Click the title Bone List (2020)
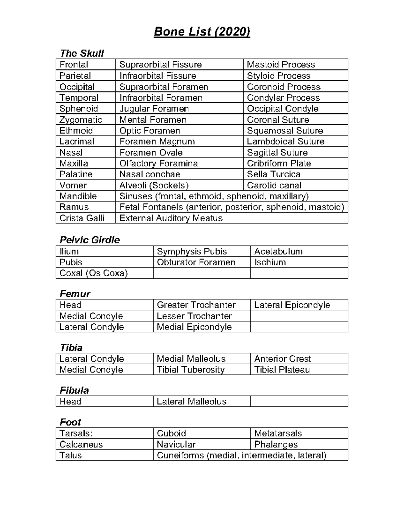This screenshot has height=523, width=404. click(x=202, y=32)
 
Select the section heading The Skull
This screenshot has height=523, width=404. click(x=81, y=53)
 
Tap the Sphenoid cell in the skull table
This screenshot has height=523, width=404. click(x=78, y=109)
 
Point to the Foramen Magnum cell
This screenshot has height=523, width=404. click(x=157, y=141)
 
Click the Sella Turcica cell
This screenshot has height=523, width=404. click(x=273, y=174)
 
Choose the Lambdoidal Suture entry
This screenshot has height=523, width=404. click(x=285, y=141)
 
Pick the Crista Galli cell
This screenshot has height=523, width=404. click(x=82, y=218)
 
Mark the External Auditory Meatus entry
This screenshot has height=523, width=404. click(x=171, y=218)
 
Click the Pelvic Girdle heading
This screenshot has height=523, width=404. click(x=90, y=240)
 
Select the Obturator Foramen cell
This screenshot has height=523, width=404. click(x=196, y=262)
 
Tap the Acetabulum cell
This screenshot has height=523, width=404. click(x=278, y=251)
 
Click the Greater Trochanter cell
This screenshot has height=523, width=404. click(x=196, y=305)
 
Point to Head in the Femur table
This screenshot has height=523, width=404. click(x=70, y=305)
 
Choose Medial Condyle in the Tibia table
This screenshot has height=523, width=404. click(x=91, y=370)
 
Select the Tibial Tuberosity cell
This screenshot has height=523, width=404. click(x=191, y=370)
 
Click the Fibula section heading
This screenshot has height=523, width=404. click(x=74, y=390)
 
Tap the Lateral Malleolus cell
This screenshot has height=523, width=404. click(x=191, y=401)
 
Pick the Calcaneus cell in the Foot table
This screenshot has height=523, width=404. click(x=81, y=445)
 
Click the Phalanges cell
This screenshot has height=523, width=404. click(x=276, y=445)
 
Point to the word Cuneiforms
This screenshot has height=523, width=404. click(x=180, y=455)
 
